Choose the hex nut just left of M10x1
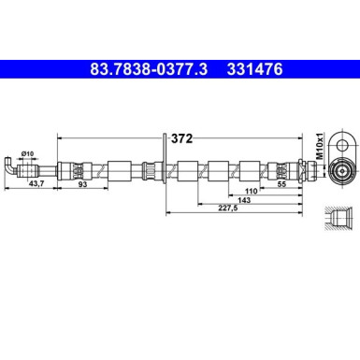click(x=299, y=170)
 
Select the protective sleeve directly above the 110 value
click(x=250, y=170)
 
